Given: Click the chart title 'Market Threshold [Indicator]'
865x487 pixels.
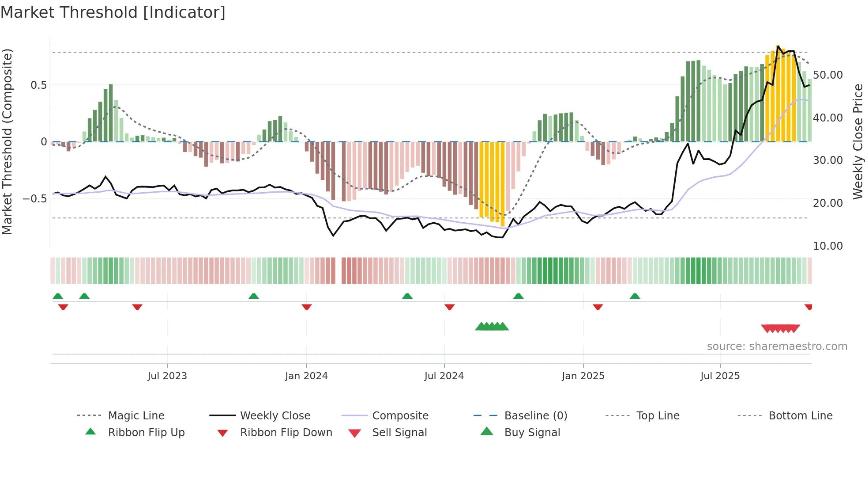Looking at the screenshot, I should pos(113,12).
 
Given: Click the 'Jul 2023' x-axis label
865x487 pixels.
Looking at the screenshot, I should pos(167,376).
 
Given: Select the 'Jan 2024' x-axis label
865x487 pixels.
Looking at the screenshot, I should pos(306,376).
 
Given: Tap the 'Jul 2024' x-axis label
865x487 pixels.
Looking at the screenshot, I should pos(444,376).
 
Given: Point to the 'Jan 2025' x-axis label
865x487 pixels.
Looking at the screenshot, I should pos(583,376).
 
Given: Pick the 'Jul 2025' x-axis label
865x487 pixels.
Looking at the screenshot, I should pos(720,376).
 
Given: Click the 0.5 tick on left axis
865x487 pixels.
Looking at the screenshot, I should pos(38,85).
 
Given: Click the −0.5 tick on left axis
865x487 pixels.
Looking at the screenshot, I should pos(35,199).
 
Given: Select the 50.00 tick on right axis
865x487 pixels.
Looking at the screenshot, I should pos(827,75).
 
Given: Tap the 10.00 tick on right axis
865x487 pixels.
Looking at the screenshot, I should pos(827,246).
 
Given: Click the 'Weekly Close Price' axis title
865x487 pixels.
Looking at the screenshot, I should pos(857,141).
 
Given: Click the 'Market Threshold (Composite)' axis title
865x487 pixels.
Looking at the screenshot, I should pos(7,141).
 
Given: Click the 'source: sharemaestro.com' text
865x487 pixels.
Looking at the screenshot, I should pos(777,346).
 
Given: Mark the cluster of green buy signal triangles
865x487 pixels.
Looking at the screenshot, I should pos(492,327).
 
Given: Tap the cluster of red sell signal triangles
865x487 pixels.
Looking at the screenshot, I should pos(780,329).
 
